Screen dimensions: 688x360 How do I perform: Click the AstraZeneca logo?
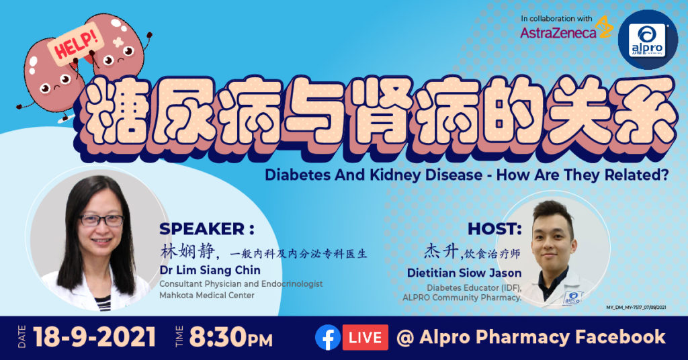pyautogui.click(x=566, y=30)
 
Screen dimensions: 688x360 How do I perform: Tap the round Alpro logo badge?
pyautogui.click(x=648, y=40)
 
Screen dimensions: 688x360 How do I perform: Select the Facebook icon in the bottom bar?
pyautogui.click(x=328, y=337)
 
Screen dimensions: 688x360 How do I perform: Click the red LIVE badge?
pyautogui.click(x=365, y=337)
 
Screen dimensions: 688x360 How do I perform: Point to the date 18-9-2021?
pyautogui.click(x=94, y=337)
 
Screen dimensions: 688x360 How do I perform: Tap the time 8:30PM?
pyautogui.click(x=231, y=338)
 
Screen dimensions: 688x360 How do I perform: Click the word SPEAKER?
pyautogui.click(x=202, y=229)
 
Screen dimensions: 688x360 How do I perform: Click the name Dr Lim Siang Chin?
pyautogui.click(x=210, y=270)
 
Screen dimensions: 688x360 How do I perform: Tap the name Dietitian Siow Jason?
pyautogui.click(x=464, y=273)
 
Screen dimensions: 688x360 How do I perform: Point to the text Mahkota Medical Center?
pyautogui.click(x=207, y=296)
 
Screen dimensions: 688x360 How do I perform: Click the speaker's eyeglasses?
pyautogui.click(x=101, y=220)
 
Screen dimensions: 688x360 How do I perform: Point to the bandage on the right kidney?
pyautogui.click(x=118, y=42)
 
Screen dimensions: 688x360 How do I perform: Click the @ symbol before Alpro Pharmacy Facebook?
pyautogui.click(x=405, y=338)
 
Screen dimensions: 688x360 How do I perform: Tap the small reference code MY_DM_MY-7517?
pyautogui.click(x=636, y=308)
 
